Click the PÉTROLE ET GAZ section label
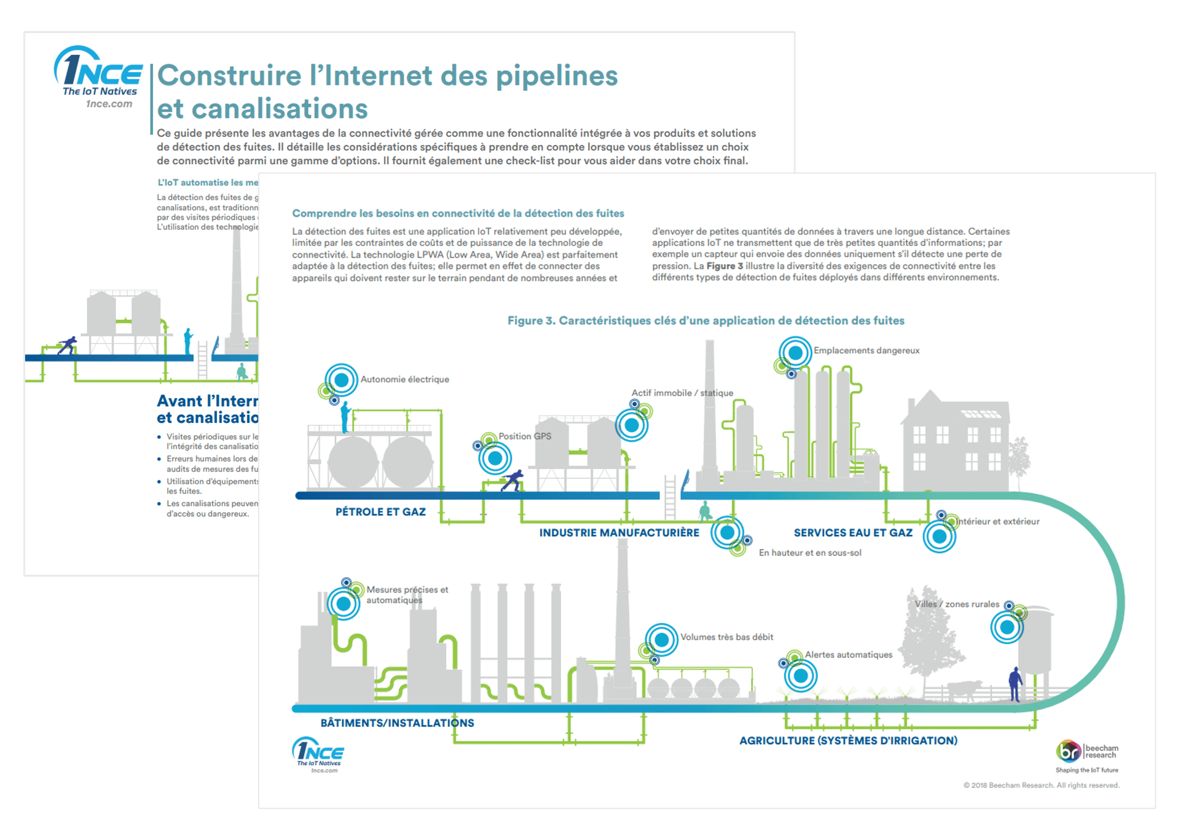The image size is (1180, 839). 380,512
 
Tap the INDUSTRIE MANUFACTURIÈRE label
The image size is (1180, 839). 619,533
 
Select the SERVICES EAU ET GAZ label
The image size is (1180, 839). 853,533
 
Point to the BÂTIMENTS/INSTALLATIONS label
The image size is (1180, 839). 397,723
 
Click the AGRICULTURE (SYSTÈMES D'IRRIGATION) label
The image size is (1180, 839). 848,741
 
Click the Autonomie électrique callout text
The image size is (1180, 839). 404,380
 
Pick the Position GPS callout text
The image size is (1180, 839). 525,436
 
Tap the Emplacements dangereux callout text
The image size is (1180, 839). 867,351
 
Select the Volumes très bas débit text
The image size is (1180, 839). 726,637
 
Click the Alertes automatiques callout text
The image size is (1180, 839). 848,655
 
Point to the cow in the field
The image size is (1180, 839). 964,690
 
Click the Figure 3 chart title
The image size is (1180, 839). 706,321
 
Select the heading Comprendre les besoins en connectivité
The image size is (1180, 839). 458,214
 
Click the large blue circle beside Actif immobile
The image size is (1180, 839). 631,425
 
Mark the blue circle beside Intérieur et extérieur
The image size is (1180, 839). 939,537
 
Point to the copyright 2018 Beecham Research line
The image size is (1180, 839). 1041,786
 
